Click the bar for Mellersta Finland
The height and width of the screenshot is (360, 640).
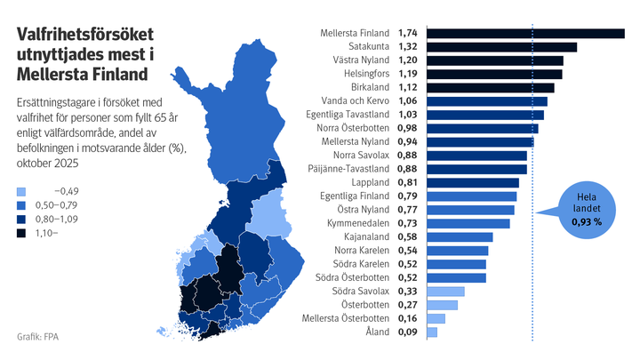tap(525, 34)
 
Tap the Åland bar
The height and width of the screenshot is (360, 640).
tap(432, 332)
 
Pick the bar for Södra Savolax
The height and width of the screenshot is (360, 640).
tap(445, 291)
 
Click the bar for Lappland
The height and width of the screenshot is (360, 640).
tap(473, 182)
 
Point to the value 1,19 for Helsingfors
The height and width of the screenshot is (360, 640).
tap(407, 75)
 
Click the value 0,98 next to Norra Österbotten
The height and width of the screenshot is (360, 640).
tap(407, 128)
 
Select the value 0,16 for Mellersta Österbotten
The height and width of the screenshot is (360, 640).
tap(407, 318)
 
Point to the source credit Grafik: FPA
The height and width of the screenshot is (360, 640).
tap(44, 338)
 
